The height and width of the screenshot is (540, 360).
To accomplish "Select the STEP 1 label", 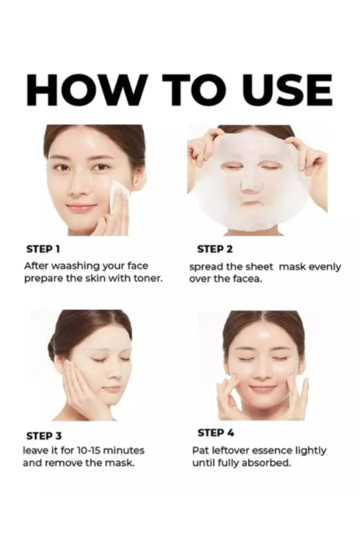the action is pos(43,249).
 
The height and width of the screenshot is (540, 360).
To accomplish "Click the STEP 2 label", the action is pos(215,249).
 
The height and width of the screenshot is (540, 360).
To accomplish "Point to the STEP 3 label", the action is pos(44,436).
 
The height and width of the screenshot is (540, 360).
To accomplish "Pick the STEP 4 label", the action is pos(216,433).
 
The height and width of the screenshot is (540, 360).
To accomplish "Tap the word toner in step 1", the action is pos(147,278).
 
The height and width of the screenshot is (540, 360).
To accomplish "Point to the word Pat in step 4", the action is pos(200,450).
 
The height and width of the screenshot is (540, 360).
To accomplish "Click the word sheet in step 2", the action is pos(260,267).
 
